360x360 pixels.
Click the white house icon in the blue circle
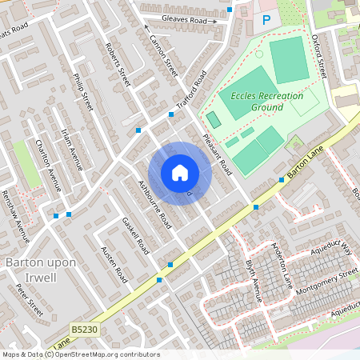coord(179,173)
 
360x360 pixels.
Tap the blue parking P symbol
coord(266,19)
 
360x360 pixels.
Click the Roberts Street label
coord(117,66)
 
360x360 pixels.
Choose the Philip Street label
coord(83,94)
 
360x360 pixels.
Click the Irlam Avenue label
coord(72,150)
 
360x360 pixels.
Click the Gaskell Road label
coord(136,235)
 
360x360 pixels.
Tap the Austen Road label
coord(114,264)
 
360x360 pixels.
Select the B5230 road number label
coord(83,328)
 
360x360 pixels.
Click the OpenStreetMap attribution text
coord(80,354)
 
